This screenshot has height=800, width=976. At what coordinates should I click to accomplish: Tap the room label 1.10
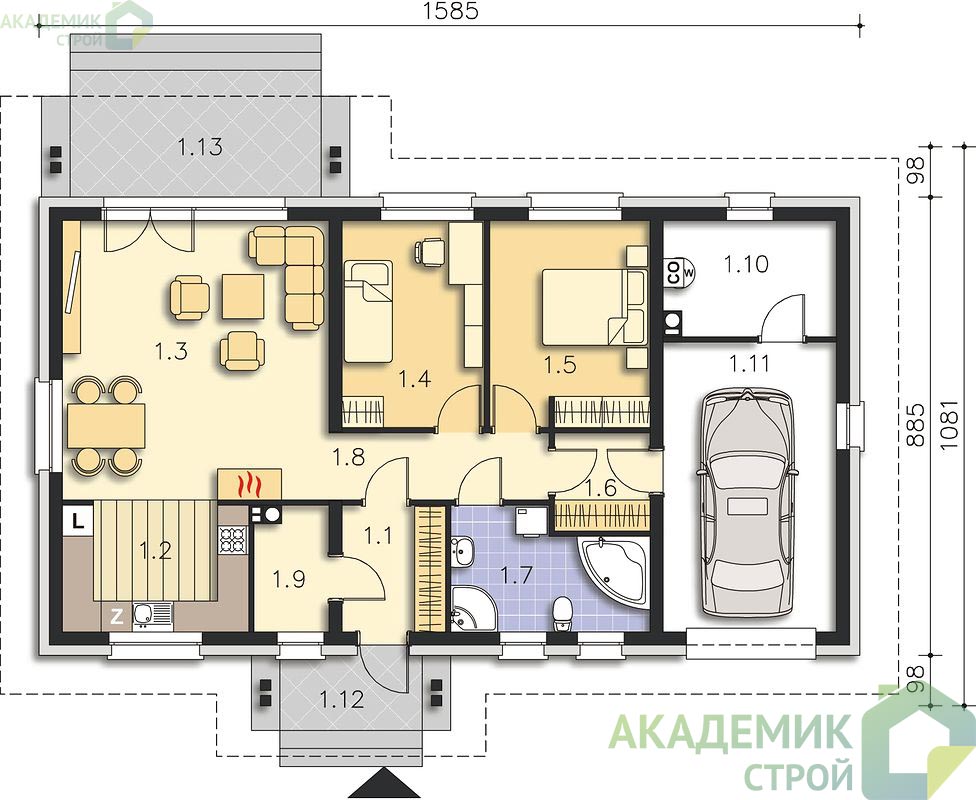click(746, 264)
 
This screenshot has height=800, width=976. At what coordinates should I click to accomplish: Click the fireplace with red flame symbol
click(250, 484)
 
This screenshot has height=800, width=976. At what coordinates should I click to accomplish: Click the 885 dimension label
click(914, 426)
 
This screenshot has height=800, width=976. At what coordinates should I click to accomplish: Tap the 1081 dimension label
click(946, 426)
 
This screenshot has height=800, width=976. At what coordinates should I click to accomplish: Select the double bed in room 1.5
click(594, 306)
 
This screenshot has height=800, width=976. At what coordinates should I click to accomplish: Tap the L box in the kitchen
click(77, 520)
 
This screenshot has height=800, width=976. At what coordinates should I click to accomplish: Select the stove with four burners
click(232, 539)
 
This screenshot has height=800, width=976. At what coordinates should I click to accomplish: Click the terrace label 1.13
click(200, 148)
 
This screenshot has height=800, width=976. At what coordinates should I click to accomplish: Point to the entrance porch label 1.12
click(342, 700)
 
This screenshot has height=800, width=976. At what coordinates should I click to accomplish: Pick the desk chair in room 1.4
click(430, 252)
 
